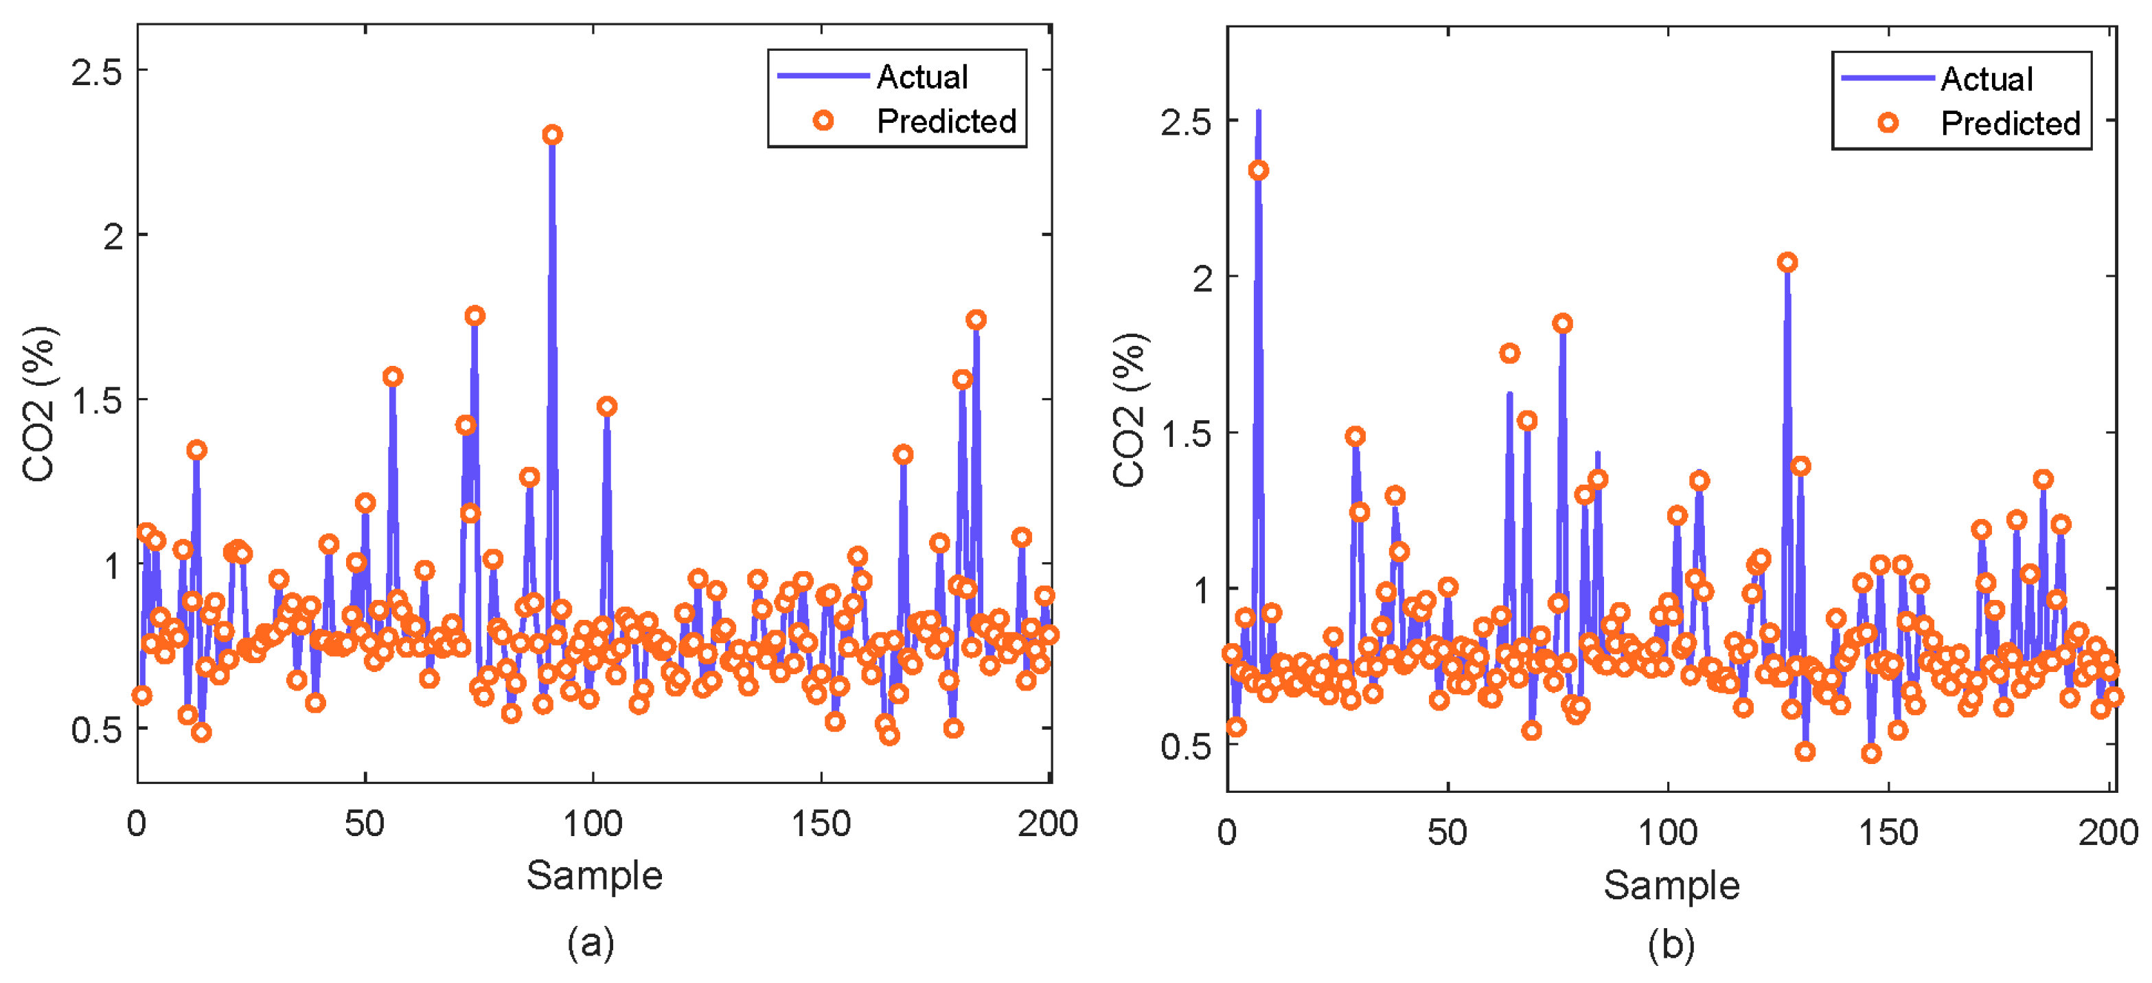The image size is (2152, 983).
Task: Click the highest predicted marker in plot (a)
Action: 552,135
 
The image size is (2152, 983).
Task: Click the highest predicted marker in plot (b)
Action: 1258,170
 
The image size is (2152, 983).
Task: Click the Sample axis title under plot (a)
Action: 594,875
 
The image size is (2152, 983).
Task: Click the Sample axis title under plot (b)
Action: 1671,884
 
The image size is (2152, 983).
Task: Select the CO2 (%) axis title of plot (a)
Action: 38,404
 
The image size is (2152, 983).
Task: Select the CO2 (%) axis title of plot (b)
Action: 1129,409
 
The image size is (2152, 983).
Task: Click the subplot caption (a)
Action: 591,943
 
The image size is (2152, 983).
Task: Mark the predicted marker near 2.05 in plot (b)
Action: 1787,262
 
